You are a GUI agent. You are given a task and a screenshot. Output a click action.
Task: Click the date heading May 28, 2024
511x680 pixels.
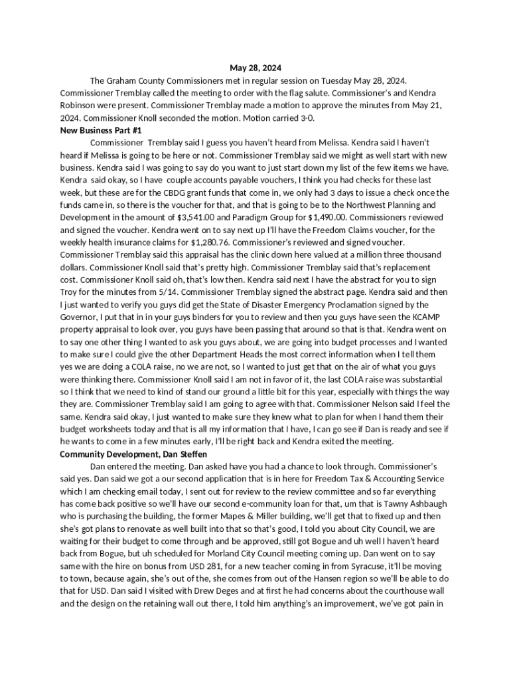click(x=256, y=68)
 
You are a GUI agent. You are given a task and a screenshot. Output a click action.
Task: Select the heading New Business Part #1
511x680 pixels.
click(x=101, y=130)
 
